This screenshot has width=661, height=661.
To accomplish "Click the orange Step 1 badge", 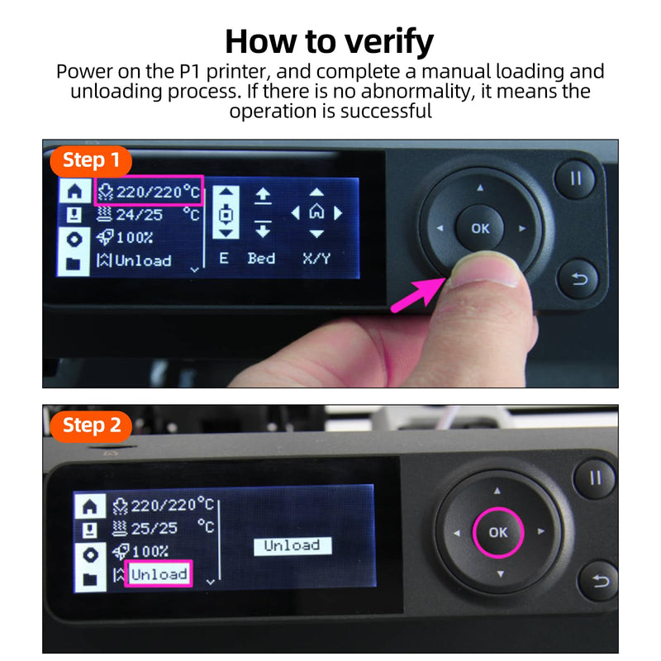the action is coord(91,160).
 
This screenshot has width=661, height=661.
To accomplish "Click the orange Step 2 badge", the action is coord(91,426).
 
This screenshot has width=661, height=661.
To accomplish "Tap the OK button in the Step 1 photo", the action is coord(480,228).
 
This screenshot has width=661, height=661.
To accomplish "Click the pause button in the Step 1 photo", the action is coord(575,178).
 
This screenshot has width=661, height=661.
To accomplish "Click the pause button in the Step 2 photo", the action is coord(595,478).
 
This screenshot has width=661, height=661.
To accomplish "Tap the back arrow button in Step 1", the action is coord(578,278).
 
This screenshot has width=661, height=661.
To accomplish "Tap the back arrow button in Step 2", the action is coord(600,582).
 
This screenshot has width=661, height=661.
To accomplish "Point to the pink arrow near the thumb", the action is coord(417,294).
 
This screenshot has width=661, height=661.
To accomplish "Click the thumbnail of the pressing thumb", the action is coord(485,270).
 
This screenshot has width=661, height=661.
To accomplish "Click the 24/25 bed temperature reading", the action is coord(139,215).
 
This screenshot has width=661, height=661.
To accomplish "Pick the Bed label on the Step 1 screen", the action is coord(261,258).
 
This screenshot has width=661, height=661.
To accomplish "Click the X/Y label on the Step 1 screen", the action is coord(316,258).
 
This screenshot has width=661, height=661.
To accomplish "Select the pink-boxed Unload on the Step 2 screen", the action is coord(159,574).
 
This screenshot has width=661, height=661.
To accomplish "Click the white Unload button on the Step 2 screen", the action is coord(292,546).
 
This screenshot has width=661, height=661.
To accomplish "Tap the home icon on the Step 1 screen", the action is coord(74,192).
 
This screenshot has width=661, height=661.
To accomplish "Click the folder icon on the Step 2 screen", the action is coord(90,580).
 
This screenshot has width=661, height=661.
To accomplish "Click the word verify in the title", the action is coord(389,42).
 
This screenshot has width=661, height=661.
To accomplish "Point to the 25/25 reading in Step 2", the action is coord(155,528).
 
